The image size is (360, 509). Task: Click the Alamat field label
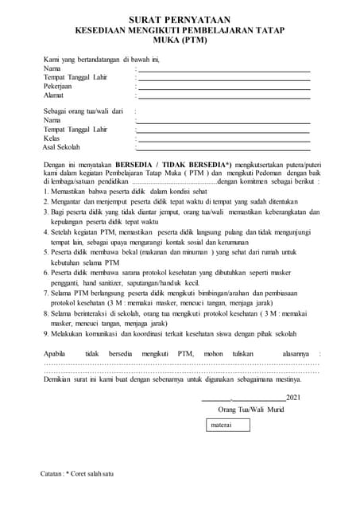coord(54,95)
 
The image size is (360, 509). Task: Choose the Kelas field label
coord(52,138)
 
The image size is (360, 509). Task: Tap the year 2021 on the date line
coord(293,397)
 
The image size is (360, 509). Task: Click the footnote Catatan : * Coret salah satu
coord(77,474)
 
